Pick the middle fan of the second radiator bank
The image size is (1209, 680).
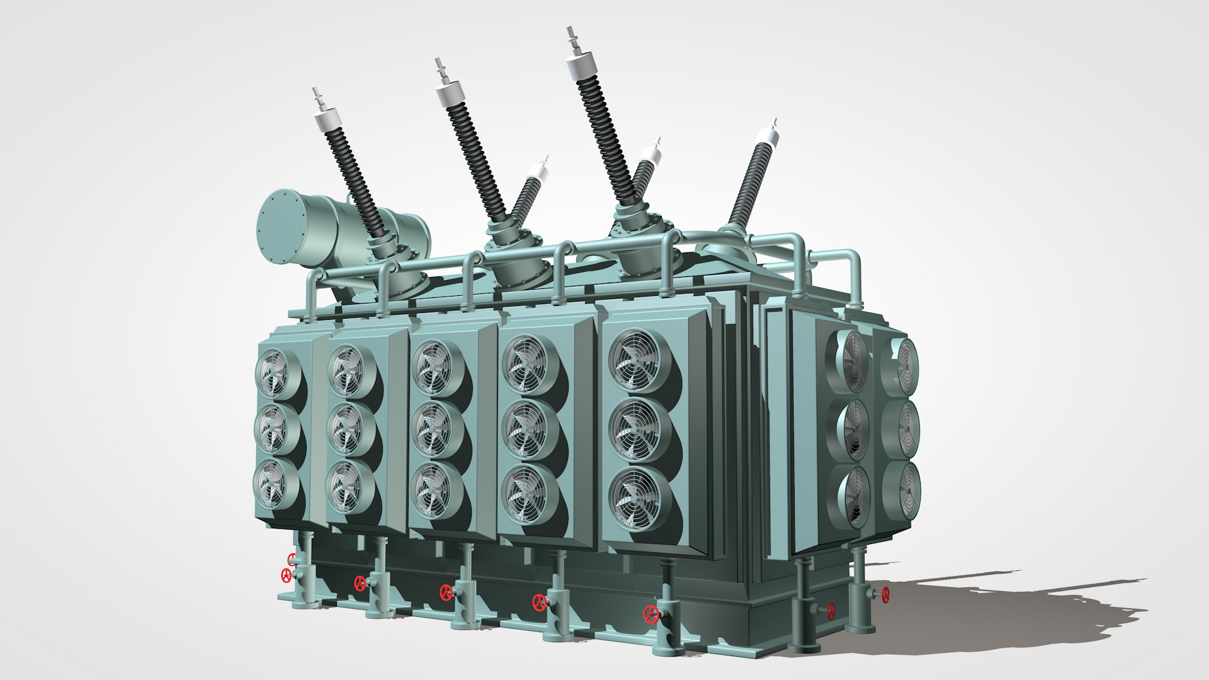click(346, 428)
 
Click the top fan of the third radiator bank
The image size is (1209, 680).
click(433, 368)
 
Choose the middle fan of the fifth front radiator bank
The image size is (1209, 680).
click(636, 429)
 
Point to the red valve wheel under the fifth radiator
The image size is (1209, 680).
click(650, 613)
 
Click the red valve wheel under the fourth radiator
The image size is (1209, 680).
click(539, 603)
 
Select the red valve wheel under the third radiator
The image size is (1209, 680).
click(446, 592)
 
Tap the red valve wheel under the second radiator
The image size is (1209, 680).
click(360, 583)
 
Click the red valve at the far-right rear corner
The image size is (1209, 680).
click(885, 594)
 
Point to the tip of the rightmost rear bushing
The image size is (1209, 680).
click(773, 123)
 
